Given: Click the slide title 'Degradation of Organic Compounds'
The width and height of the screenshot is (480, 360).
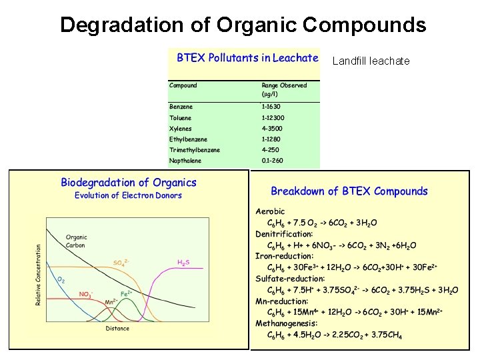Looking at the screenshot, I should click(x=243, y=25).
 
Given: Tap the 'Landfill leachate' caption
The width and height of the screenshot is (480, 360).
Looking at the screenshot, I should click(x=371, y=61).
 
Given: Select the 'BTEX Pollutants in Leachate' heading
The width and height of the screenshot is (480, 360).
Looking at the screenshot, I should click(x=247, y=58).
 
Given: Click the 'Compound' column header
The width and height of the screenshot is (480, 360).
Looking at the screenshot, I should click(x=183, y=85).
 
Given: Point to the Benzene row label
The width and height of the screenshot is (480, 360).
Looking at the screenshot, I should click(x=181, y=107).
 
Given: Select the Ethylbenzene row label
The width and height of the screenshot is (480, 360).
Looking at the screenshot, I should click(x=188, y=139).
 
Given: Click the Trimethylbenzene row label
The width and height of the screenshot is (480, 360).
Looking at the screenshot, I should click(x=194, y=150).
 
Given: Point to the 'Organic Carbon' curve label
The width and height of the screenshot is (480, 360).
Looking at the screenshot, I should click(x=76, y=241).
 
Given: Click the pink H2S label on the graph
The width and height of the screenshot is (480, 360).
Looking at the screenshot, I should click(x=183, y=262).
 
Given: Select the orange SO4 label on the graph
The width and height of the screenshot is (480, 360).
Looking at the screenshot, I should click(x=121, y=262).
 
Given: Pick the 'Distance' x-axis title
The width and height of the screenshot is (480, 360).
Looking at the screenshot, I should click(x=117, y=327).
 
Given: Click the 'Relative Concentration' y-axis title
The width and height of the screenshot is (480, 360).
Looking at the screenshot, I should click(x=39, y=275).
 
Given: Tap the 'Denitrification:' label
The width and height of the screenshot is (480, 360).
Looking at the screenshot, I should click(x=284, y=234).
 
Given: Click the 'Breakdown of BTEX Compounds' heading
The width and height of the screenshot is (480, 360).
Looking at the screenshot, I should click(x=349, y=191).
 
